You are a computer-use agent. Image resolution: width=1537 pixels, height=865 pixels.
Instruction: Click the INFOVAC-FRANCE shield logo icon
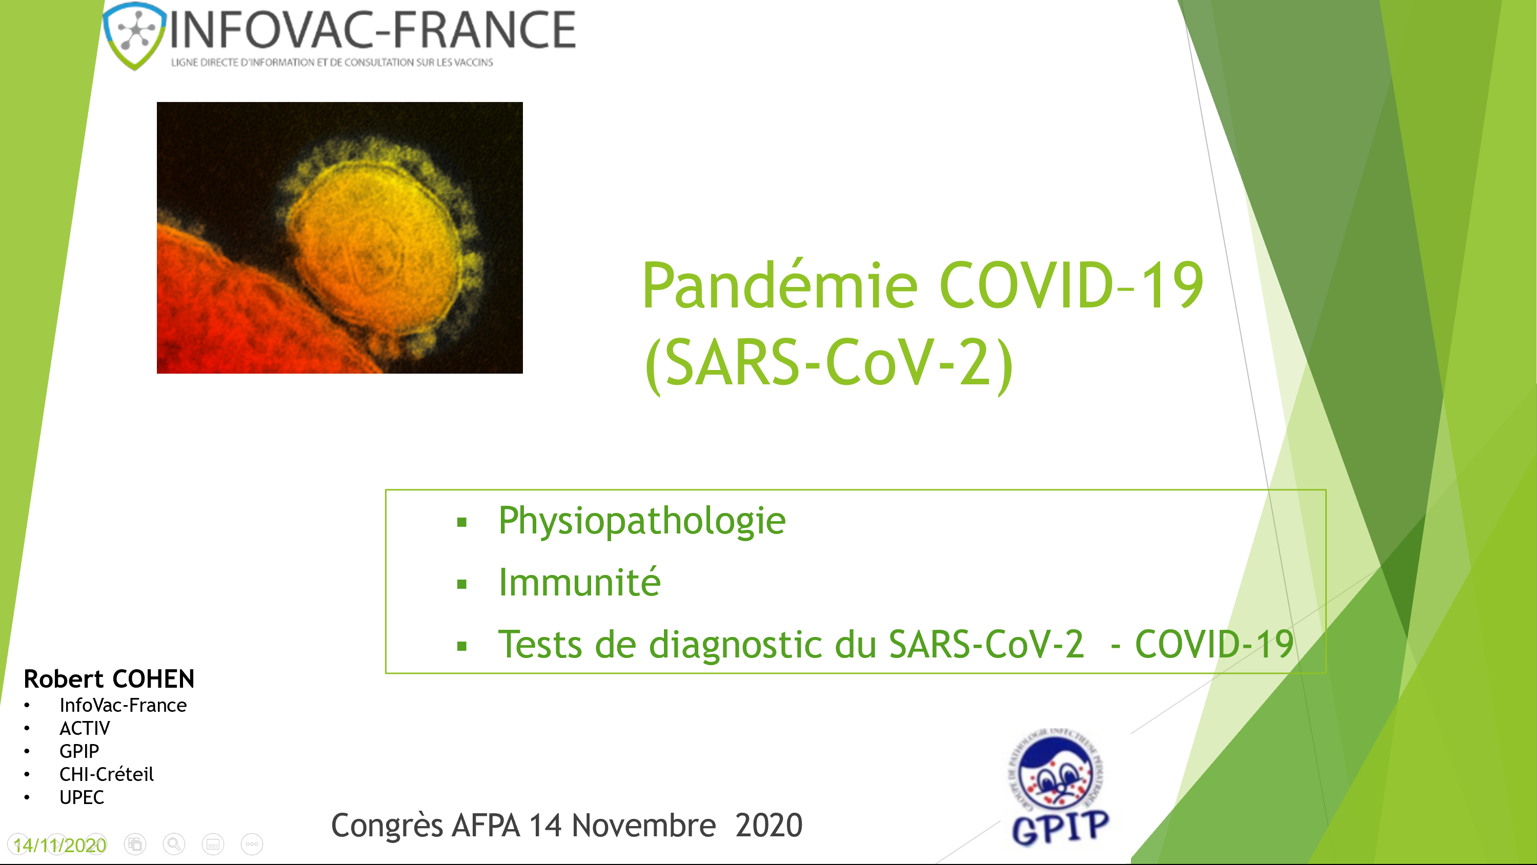[x=135, y=35]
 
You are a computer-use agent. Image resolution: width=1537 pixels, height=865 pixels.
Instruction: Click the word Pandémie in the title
[x=779, y=286]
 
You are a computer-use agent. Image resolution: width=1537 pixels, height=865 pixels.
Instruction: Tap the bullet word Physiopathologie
[x=642, y=521]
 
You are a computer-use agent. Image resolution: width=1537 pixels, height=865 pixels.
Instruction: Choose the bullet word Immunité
[x=579, y=583]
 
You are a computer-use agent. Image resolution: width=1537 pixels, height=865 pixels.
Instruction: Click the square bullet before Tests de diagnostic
[x=461, y=646]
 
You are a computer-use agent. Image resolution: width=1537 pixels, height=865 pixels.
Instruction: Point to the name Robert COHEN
[x=109, y=679]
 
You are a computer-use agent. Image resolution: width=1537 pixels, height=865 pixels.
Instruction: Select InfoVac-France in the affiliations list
[x=123, y=705]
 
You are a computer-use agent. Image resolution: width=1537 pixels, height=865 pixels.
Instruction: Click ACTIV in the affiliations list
[x=85, y=728]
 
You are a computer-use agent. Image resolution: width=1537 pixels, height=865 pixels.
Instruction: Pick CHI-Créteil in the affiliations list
[x=106, y=774]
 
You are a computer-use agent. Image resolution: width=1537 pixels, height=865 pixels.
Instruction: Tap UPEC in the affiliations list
[x=82, y=797]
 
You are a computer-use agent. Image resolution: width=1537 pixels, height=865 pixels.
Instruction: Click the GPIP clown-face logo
[x=1057, y=775]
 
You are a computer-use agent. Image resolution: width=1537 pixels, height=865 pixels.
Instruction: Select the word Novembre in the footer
[x=643, y=826]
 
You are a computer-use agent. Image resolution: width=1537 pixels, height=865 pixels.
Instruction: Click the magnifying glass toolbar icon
[x=174, y=844]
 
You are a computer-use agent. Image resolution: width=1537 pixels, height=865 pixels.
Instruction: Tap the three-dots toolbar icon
[x=252, y=844]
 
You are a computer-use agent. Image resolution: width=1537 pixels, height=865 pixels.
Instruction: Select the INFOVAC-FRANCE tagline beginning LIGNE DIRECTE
[x=332, y=62]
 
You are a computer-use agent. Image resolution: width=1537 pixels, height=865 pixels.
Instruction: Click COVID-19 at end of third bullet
[x=1214, y=645]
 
